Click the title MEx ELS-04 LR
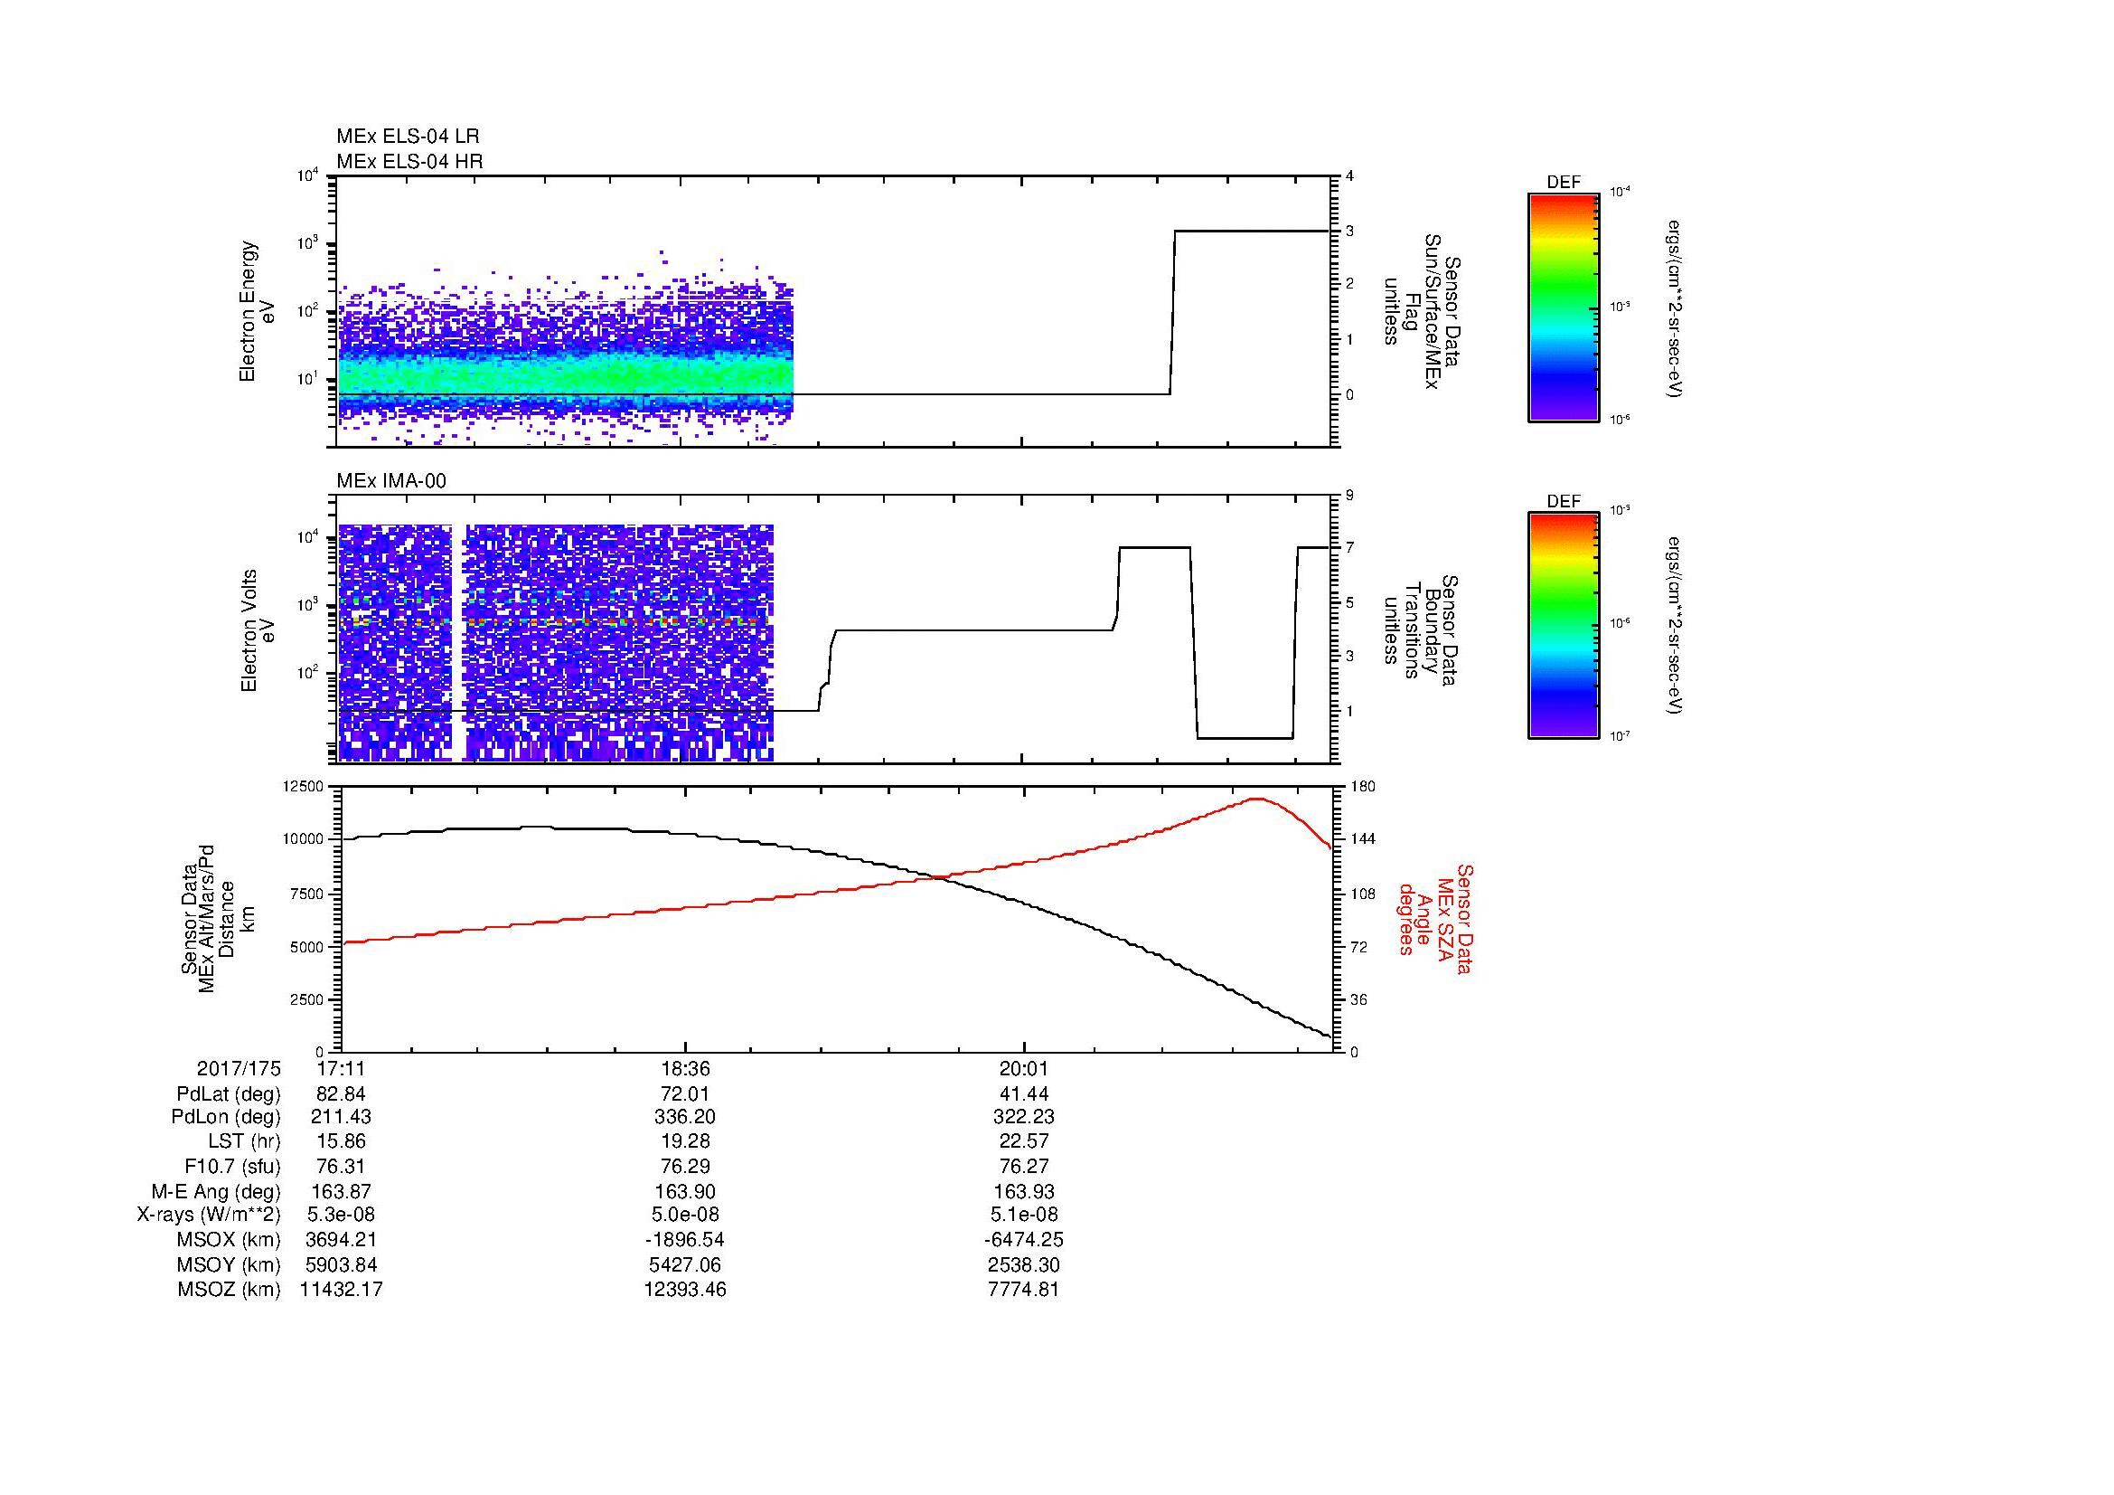pos(407,137)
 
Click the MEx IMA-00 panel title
pos(391,481)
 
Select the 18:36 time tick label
pos(684,1069)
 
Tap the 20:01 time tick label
pos(1024,1069)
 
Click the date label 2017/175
pos(239,1069)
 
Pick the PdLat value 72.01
pos(684,1094)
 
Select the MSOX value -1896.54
pos(684,1240)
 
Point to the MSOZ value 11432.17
pos(341,1290)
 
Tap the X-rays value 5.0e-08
pos(684,1215)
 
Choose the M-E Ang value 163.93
pos(1024,1191)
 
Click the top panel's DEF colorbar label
pos(1564,183)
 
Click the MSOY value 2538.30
pos(1024,1264)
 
